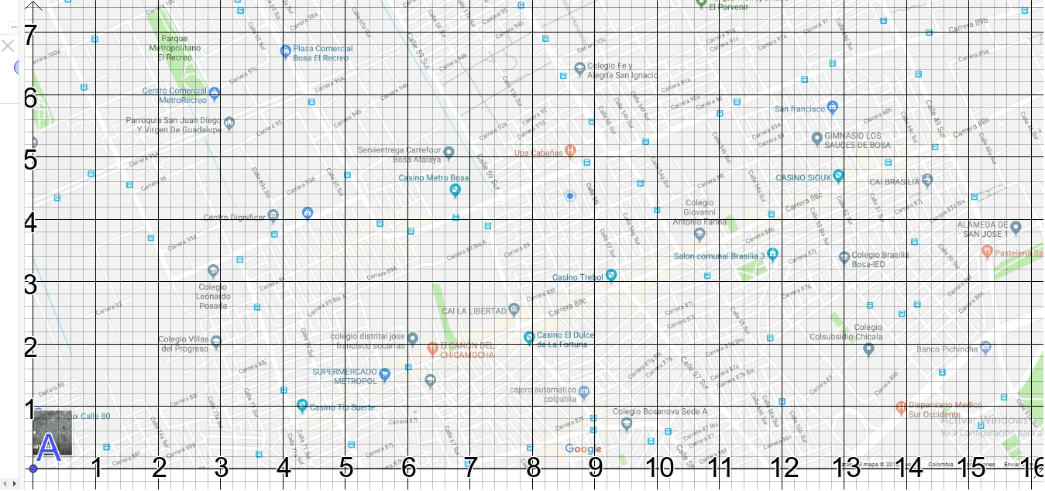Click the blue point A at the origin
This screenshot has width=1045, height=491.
tap(33, 469)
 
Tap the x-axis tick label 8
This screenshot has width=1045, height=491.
tap(533, 468)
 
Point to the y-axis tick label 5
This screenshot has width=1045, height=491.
tap(30, 160)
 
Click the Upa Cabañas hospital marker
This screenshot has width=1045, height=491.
tap(570, 150)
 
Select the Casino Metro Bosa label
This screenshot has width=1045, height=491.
tap(433, 178)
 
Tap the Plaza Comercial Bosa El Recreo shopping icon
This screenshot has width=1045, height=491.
tap(285, 52)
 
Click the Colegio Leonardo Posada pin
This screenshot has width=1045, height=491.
tap(213, 270)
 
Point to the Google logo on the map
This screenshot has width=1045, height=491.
tap(583, 449)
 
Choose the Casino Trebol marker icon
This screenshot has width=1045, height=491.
tap(611, 275)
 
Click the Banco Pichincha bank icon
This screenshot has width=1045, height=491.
tap(985, 347)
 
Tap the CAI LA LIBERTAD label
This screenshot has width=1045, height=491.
tap(474, 311)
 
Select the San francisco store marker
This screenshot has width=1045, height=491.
tap(832, 106)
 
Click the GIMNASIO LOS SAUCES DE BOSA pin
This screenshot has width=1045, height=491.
tap(816, 139)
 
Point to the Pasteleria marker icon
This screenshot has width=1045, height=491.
tap(987, 251)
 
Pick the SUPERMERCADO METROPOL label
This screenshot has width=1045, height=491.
tap(345, 376)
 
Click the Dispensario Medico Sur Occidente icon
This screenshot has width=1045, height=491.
tap(901, 407)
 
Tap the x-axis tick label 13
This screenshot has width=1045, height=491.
tap(846, 468)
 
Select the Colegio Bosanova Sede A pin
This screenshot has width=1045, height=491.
tap(627, 424)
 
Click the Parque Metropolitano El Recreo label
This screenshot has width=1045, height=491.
tap(174, 47)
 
